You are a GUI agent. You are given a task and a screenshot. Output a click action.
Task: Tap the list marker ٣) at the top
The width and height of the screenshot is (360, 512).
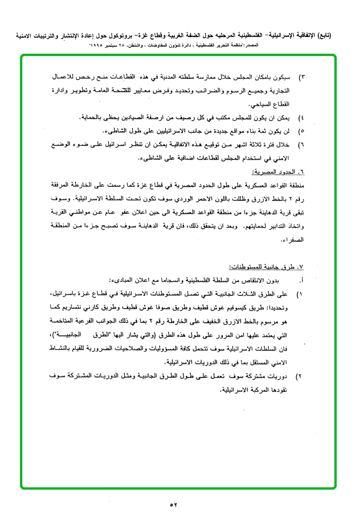[x=301, y=76]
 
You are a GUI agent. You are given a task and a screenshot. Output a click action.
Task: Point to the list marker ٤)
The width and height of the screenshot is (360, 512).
[x=301, y=117]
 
